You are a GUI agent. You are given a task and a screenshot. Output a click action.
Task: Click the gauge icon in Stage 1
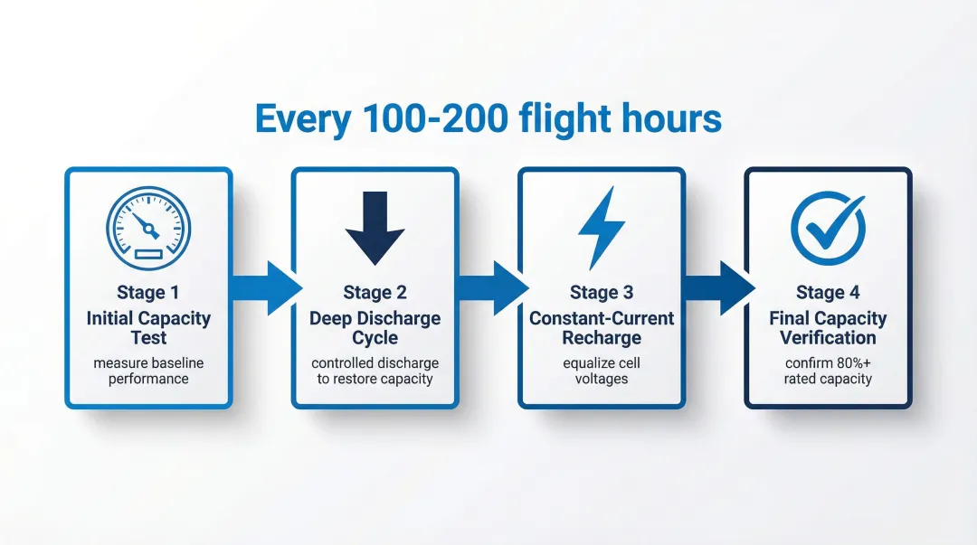pyautogui.click(x=148, y=228)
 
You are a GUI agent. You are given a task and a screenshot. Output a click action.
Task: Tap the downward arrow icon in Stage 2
pyautogui.click(x=375, y=228)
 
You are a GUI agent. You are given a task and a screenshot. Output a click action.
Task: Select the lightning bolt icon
pyautogui.click(x=602, y=228)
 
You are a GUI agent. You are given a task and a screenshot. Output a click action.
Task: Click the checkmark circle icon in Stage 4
pyautogui.click(x=829, y=228)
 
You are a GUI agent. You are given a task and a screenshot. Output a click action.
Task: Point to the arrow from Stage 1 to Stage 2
pyautogui.click(x=267, y=287)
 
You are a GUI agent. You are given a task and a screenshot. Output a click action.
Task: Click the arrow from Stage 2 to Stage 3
pyautogui.click(x=494, y=287)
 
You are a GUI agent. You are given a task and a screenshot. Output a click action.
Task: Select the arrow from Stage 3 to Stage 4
pyautogui.click(x=720, y=287)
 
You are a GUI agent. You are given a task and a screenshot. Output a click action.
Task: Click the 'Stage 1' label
pyautogui.click(x=148, y=292)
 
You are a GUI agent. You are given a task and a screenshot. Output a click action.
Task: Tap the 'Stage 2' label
pyautogui.click(x=375, y=292)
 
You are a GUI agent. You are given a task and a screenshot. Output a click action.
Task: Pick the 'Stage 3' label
pyautogui.click(x=602, y=292)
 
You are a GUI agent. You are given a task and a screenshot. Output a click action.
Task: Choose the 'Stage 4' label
pyautogui.click(x=828, y=292)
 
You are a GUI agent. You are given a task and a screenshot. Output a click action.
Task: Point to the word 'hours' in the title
pyautogui.click(x=671, y=118)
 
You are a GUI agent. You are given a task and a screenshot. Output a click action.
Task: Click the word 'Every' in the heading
pyautogui.click(x=303, y=119)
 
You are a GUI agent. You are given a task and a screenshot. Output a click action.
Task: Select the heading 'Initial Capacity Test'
pyautogui.click(x=148, y=327)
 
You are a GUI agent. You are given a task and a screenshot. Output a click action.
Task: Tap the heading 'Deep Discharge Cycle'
pyautogui.click(x=375, y=327)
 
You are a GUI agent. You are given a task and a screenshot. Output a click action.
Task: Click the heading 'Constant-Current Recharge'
pyautogui.click(x=602, y=327)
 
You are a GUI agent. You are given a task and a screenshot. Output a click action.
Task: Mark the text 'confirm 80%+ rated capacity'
pyautogui.click(x=828, y=371)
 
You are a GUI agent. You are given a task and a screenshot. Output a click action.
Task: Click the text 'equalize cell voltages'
pyautogui.click(x=602, y=371)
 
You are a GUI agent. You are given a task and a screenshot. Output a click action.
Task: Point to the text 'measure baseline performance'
pyautogui.click(x=148, y=371)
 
